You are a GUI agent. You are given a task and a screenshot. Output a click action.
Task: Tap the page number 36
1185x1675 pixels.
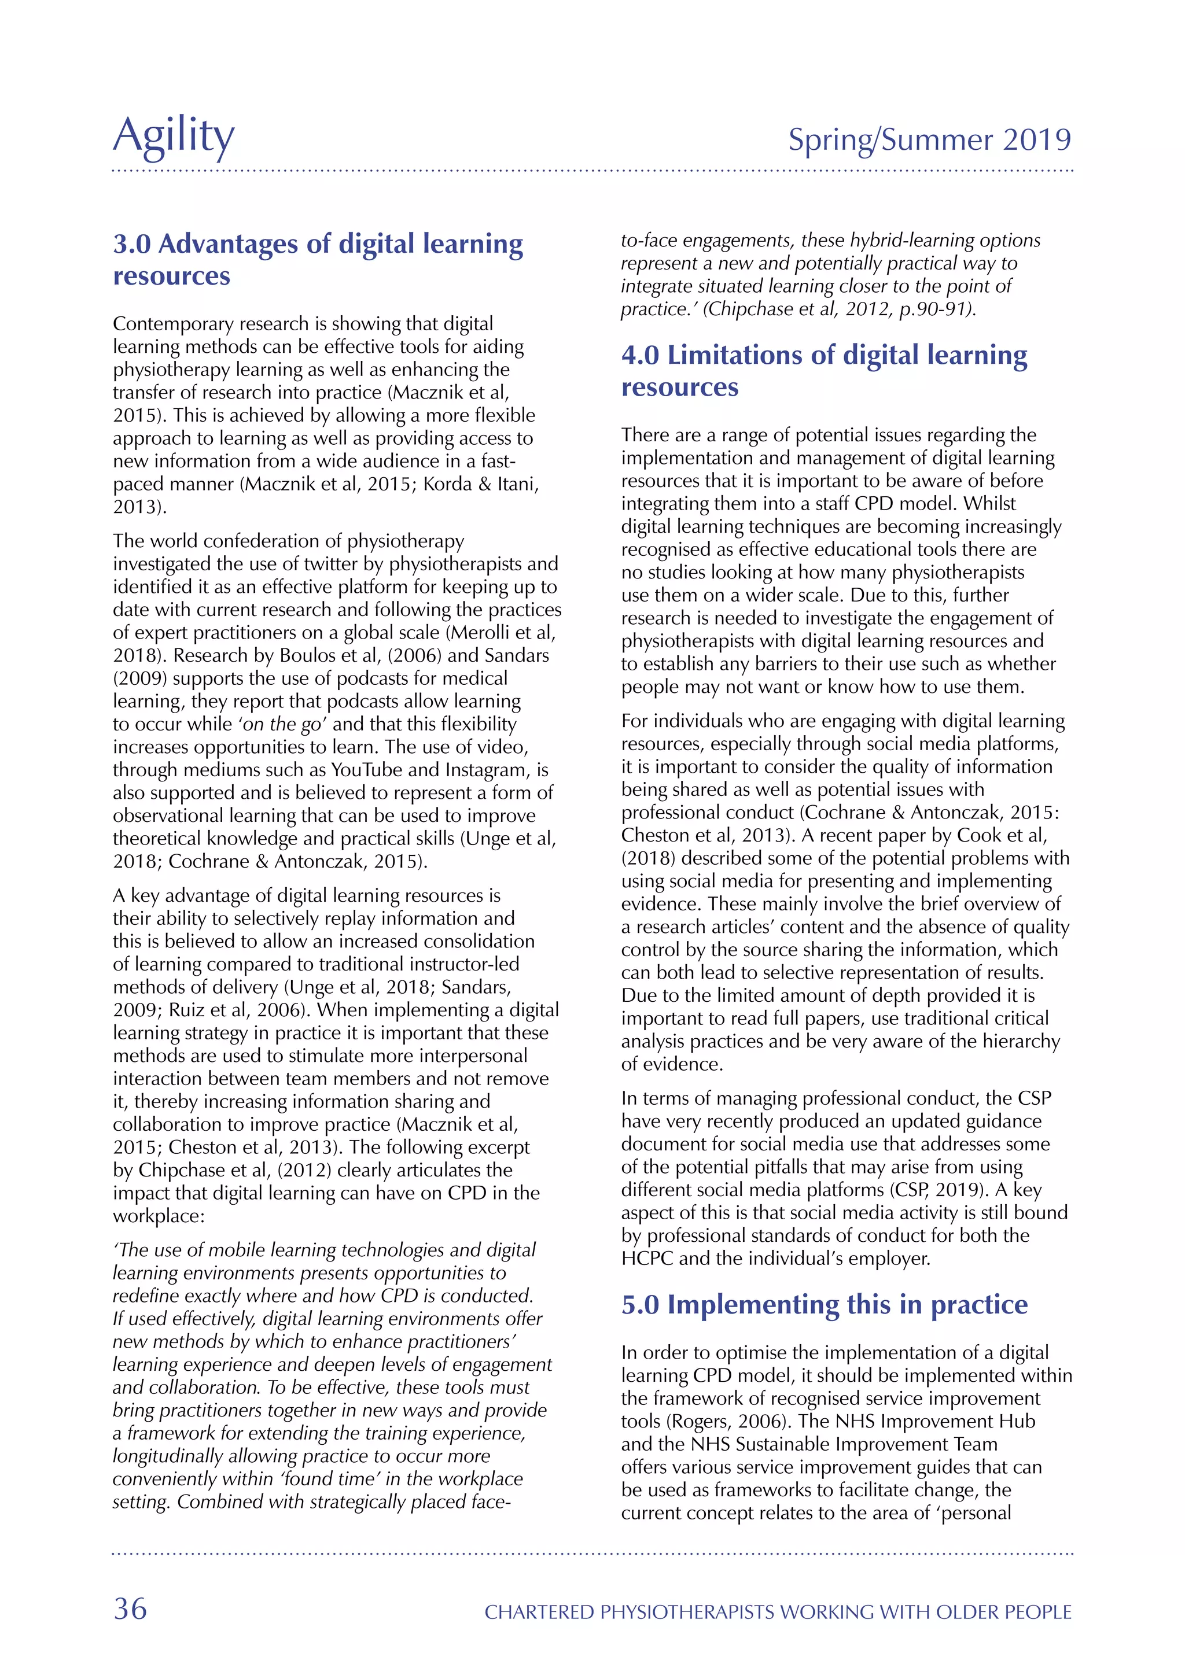point(130,1608)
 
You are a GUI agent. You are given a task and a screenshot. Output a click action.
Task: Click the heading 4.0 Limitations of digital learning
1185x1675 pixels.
point(824,355)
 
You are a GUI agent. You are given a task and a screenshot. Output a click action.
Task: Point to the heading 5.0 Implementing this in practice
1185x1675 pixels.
point(824,1304)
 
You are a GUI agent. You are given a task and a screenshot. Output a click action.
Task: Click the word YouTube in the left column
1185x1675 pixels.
point(367,770)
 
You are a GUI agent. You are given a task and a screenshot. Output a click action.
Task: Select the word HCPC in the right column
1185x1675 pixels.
point(648,1259)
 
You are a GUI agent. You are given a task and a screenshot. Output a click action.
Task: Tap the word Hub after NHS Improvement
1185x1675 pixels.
point(1017,1421)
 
